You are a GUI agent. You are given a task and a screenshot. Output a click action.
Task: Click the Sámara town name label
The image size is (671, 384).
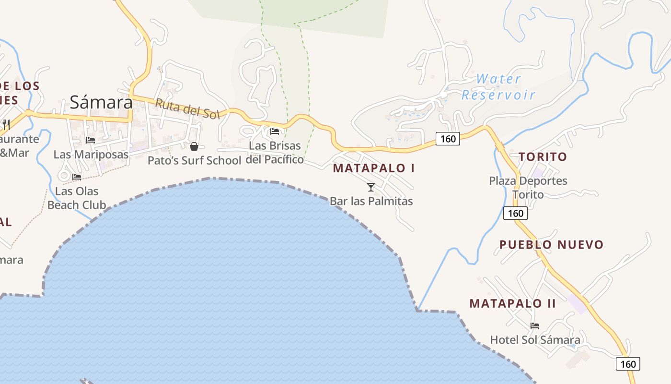click(101, 102)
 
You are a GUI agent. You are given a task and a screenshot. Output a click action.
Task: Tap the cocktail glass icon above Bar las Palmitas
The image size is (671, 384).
click(371, 187)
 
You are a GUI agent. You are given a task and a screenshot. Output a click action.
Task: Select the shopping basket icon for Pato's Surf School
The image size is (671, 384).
click(194, 146)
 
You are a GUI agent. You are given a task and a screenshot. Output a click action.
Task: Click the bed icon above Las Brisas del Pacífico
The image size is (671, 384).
click(275, 131)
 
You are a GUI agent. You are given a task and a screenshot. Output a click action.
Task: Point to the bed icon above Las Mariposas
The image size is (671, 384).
click(91, 140)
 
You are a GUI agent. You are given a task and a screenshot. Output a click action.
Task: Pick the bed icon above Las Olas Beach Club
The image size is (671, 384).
click(77, 177)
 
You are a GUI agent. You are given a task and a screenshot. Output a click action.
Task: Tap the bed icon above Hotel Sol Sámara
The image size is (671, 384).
click(535, 325)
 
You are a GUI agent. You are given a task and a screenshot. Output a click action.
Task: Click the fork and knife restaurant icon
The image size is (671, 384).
click(6, 125)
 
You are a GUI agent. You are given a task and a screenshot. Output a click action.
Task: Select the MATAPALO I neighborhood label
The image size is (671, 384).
click(374, 168)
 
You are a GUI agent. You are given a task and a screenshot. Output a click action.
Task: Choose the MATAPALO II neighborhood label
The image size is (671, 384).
click(512, 303)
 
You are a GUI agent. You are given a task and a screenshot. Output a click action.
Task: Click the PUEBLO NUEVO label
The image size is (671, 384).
click(551, 245)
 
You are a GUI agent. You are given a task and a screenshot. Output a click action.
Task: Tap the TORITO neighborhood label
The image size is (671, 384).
click(543, 157)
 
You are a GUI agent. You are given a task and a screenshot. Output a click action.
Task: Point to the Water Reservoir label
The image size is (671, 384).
click(498, 87)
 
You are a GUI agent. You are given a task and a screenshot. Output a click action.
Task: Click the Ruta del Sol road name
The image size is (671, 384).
click(187, 108)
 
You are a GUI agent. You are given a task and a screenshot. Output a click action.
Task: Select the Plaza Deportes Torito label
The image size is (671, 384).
click(528, 188)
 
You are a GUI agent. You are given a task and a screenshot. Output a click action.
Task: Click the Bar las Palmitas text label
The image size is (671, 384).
click(371, 201)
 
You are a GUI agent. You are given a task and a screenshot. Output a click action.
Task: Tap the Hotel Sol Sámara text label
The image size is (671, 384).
click(535, 340)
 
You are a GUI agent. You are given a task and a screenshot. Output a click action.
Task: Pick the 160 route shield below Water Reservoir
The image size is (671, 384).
click(448, 139)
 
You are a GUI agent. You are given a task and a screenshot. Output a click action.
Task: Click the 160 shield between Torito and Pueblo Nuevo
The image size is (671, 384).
click(516, 213)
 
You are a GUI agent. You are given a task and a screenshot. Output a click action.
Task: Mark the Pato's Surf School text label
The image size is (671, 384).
click(194, 160)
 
